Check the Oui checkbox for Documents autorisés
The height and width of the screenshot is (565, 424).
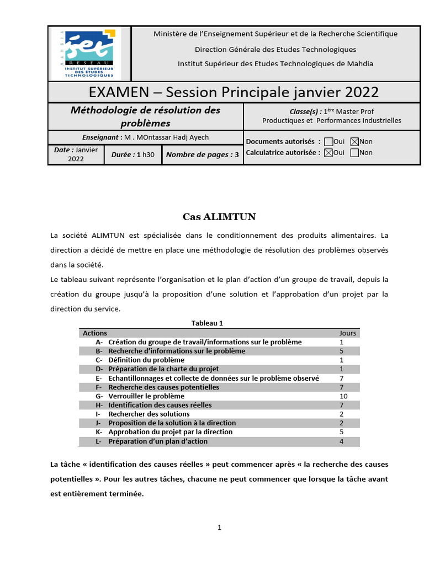point(328,142)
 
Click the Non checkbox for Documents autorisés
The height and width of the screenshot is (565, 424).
point(354,142)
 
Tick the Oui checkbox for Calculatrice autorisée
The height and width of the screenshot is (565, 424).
point(328,153)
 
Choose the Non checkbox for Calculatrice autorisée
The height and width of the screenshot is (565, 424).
point(354,153)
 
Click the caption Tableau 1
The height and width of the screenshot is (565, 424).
point(207,323)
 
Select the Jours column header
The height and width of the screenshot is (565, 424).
point(347,333)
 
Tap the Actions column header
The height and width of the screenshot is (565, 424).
point(95,333)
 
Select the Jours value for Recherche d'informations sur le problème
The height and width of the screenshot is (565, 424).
point(342,351)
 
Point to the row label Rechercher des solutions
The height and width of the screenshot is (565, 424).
point(149,414)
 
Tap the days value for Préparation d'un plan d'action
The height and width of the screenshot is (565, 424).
point(342,441)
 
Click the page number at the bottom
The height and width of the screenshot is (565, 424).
point(219,527)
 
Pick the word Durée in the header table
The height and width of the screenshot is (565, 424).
point(122,155)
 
